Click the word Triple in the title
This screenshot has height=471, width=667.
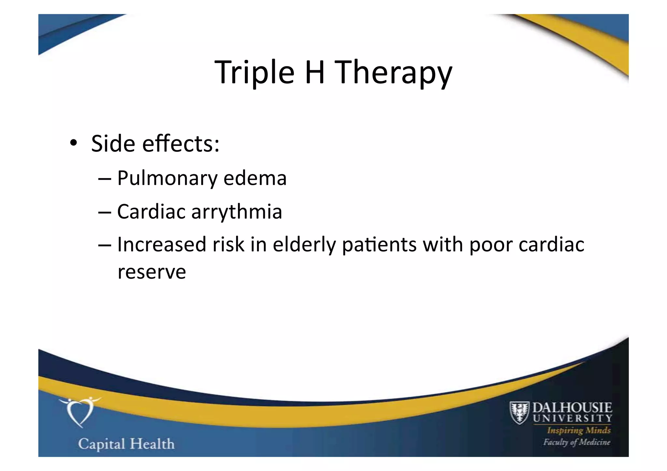tap(254, 72)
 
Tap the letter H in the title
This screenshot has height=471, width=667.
tap(315, 72)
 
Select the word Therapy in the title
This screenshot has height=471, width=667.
tap(393, 72)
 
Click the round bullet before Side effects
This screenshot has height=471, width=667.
tap(73, 143)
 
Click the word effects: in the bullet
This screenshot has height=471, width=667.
tap(181, 144)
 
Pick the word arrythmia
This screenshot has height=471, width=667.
tap(236, 212)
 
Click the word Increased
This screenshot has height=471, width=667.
tap(162, 244)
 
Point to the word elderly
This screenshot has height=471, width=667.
tap(304, 244)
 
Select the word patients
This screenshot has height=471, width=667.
tap(379, 244)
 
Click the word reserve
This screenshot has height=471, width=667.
tap(152, 272)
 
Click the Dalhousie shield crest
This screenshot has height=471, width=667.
tap(519, 412)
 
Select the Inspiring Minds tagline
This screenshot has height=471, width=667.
tap(579, 430)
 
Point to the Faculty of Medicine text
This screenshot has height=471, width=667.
tap(576, 442)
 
